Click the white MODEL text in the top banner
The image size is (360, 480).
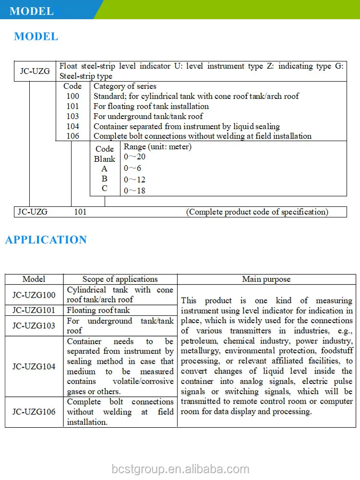point(32,11)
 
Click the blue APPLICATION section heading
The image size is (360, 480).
point(46,240)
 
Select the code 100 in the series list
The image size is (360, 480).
point(72,96)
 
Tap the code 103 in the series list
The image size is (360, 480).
point(72,116)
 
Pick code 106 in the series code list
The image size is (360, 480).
point(72,136)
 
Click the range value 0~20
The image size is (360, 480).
point(134,157)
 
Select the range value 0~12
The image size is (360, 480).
point(134,180)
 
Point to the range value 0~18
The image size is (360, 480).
point(134,191)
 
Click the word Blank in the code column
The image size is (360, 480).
point(105,159)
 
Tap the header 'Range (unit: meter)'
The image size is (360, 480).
point(157,147)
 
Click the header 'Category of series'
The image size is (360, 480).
point(125,86)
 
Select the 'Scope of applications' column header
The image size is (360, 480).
point(120,279)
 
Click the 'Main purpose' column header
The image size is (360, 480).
point(266,279)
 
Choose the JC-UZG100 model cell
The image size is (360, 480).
point(34,295)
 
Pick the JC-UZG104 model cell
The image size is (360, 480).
point(34,366)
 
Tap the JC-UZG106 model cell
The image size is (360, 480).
point(34,412)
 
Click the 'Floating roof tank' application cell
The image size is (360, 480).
point(98,311)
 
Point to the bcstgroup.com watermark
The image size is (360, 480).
point(180,469)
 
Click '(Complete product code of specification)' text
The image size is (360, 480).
point(257,212)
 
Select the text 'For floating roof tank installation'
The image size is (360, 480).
point(151,106)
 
